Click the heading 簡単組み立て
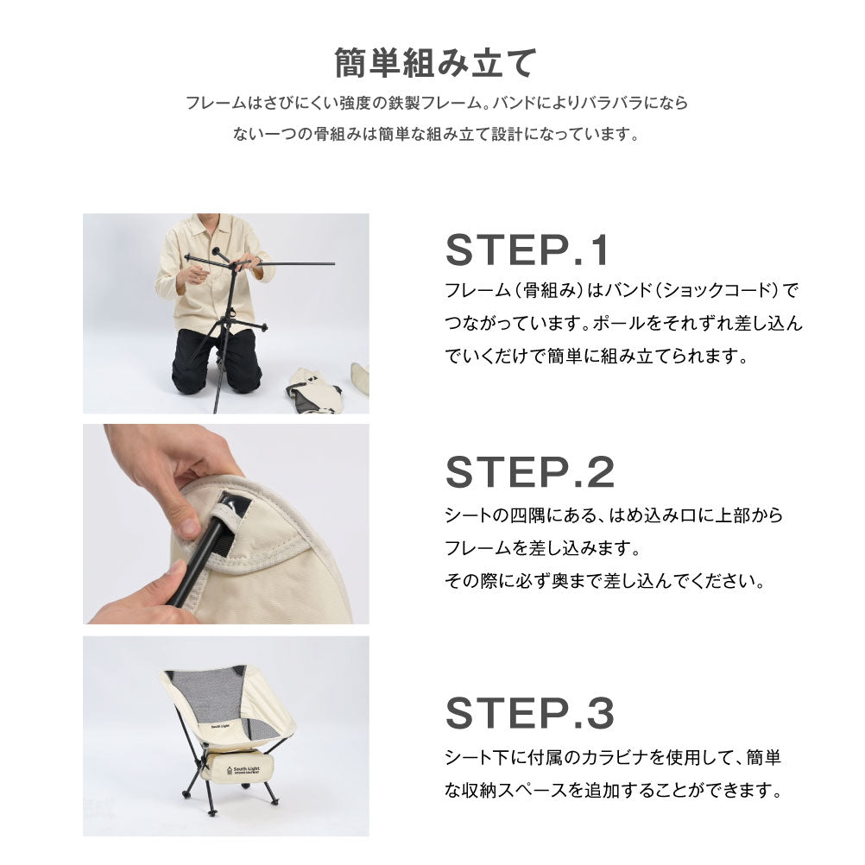[435, 63]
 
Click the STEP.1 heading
[527, 250]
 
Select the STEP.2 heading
[530, 472]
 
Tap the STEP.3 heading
[530, 713]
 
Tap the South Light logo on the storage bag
[243, 769]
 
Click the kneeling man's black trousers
[217, 358]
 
